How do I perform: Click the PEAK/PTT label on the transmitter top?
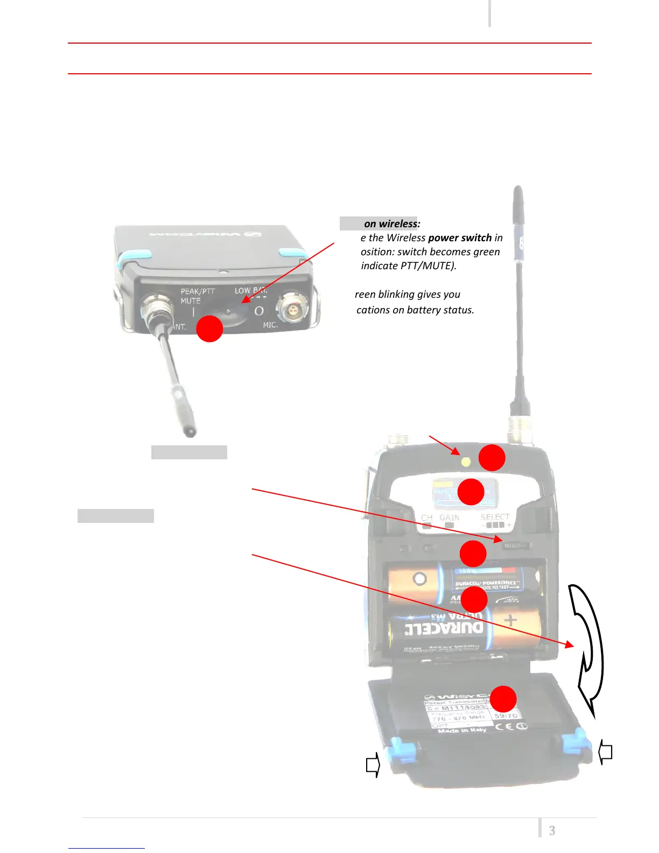[198, 291]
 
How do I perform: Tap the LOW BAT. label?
[250, 291]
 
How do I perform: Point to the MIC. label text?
[270, 325]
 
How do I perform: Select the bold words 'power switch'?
[460, 238]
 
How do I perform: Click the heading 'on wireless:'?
[392, 224]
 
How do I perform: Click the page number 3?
[552, 830]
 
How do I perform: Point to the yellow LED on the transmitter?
[466, 462]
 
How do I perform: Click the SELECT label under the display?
[495, 516]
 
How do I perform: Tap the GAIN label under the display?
[449, 518]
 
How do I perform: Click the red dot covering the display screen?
[471, 492]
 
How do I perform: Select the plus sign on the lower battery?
[510, 621]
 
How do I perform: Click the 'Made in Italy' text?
[461, 730]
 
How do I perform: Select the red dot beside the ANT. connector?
[209, 328]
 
